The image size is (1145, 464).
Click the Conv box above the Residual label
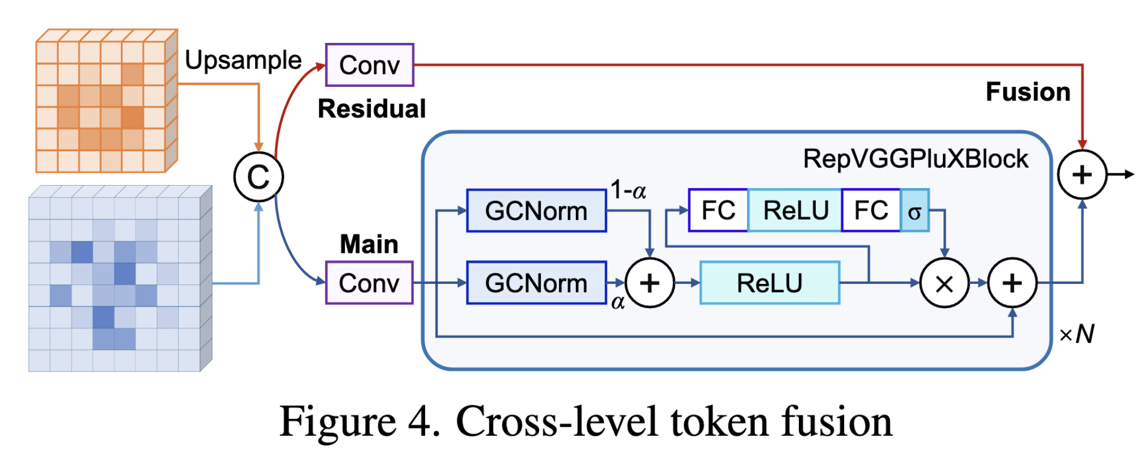tap(369, 65)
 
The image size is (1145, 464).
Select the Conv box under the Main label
tap(369, 283)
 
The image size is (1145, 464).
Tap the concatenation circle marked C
tap(259, 177)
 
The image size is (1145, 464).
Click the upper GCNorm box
tap(536, 211)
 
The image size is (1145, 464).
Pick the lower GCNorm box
tap(536, 283)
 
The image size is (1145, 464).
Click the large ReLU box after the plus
tap(770, 283)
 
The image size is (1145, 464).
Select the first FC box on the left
tap(718, 211)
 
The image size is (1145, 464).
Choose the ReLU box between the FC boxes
tap(795, 211)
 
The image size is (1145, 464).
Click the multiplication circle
tap(945, 283)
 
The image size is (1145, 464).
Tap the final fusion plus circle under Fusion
tap(1082, 175)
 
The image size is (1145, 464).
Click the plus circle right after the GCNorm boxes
tap(650, 283)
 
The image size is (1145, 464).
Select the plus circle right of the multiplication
tap(1012, 283)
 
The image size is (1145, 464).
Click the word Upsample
tap(243, 60)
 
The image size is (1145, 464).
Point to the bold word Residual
tap(372, 109)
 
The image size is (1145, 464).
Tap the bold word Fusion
tap(1028, 92)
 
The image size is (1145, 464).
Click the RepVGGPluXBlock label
tap(915, 159)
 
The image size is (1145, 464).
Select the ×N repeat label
tap(1077, 334)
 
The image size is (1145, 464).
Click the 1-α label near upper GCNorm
tap(628, 190)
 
